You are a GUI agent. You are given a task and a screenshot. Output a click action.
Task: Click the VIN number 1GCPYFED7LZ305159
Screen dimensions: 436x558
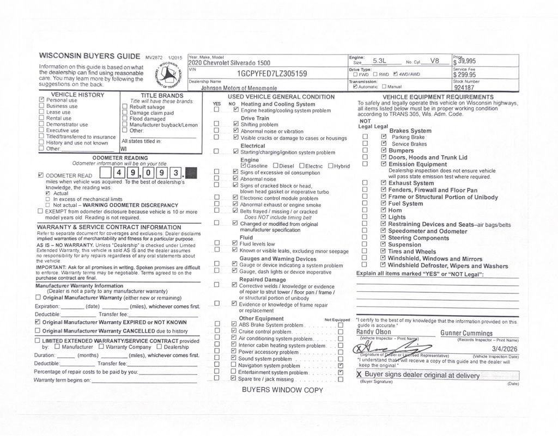click(x=271, y=73)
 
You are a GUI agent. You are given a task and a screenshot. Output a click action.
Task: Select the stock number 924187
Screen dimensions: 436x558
click(x=464, y=87)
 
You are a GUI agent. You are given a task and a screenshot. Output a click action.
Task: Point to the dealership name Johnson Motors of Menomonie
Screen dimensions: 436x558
click(x=239, y=88)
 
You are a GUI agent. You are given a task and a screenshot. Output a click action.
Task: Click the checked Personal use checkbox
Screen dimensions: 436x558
click(x=41, y=100)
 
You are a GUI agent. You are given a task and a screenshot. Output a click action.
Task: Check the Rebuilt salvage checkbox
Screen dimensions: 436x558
click(x=125, y=107)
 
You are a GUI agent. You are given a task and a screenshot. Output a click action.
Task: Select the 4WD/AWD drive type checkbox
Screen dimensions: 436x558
click(x=396, y=75)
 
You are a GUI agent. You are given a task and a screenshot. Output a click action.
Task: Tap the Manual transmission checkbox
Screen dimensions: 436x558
click(x=384, y=87)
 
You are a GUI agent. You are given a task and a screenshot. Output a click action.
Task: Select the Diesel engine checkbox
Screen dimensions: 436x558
click(x=276, y=166)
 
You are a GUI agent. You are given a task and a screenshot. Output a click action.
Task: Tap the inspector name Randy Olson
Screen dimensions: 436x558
click(x=374, y=331)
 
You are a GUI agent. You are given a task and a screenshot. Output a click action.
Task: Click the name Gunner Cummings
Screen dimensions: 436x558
click(x=466, y=333)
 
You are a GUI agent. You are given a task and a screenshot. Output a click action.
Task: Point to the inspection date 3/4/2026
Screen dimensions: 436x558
click(x=504, y=348)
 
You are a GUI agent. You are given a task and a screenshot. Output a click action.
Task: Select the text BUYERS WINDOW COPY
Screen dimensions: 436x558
click(x=282, y=390)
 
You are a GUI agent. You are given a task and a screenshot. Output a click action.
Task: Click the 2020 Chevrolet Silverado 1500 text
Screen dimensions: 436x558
click(x=229, y=63)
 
